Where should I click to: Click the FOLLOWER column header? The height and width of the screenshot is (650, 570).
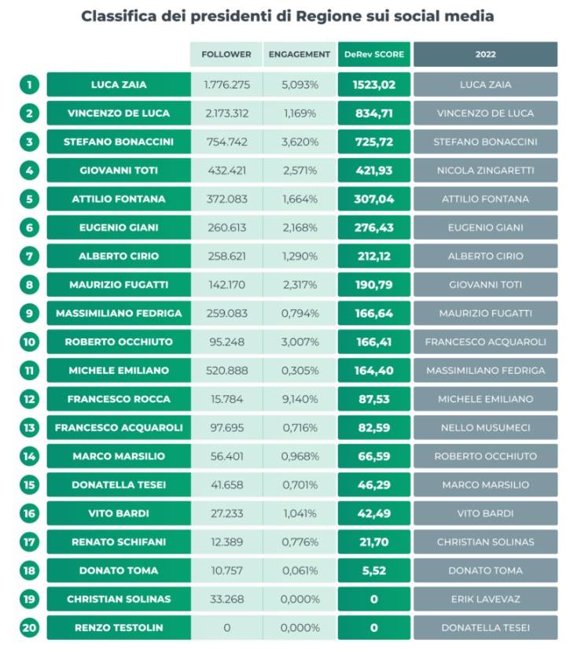(226, 54)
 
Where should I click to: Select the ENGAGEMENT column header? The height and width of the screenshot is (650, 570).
(299, 54)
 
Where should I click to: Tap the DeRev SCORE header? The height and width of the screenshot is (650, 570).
(374, 54)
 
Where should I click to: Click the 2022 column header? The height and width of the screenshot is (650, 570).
(486, 54)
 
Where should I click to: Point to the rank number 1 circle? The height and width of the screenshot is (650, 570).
(29, 85)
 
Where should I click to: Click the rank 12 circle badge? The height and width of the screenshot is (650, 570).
(29, 399)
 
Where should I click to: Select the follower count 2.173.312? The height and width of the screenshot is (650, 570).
(227, 113)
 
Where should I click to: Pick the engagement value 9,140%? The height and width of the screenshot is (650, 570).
(300, 399)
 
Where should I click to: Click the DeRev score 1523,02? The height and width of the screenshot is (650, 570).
(374, 85)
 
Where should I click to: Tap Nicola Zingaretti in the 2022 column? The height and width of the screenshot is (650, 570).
(486, 171)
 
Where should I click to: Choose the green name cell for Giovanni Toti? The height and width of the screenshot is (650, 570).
(119, 171)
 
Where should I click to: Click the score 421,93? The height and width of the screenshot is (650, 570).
(374, 171)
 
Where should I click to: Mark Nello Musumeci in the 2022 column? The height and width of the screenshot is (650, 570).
(486, 428)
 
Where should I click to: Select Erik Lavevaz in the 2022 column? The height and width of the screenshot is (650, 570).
(486, 599)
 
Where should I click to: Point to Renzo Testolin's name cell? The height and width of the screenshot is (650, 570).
(119, 628)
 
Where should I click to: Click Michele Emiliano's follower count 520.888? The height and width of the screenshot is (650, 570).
(227, 371)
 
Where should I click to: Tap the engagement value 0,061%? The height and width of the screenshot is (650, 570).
(300, 571)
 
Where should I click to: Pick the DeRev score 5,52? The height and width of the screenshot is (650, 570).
(374, 571)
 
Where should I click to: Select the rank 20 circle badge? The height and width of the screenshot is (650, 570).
(29, 628)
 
